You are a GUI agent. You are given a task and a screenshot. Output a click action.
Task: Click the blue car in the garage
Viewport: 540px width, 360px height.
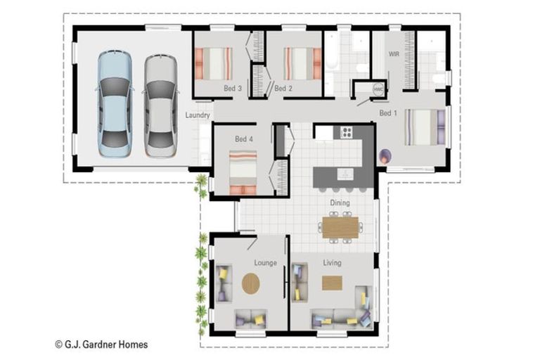point(115,104)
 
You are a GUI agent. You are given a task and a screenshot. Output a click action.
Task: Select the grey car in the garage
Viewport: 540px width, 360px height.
point(160,105)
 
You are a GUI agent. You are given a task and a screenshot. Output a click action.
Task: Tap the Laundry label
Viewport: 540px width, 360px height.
point(198,115)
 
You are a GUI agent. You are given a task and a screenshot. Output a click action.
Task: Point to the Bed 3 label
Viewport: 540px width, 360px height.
point(233,88)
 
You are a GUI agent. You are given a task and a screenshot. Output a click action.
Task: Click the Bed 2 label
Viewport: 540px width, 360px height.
point(283,88)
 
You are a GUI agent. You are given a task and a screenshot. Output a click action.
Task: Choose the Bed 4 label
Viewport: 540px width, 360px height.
point(244,139)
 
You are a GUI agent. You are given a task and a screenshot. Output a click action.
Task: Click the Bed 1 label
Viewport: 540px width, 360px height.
point(388,112)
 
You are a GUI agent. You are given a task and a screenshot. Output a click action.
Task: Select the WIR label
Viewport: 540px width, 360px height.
point(394,54)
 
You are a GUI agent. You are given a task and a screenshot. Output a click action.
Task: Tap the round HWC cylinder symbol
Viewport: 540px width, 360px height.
point(378,89)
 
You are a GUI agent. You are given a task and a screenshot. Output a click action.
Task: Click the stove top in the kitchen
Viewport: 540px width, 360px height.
point(346,131)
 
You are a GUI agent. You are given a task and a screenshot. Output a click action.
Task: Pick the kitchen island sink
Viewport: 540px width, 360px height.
point(345,174)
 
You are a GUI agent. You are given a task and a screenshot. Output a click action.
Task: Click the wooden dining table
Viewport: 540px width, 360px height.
point(340,227)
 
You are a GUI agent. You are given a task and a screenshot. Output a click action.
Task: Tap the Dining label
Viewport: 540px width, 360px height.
point(340,202)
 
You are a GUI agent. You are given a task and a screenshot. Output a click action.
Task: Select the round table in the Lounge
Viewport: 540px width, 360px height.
point(251,283)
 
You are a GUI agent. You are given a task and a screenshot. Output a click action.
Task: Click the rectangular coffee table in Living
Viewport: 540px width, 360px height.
point(332,283)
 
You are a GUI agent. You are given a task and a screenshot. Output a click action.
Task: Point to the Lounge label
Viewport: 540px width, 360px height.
point(266,263)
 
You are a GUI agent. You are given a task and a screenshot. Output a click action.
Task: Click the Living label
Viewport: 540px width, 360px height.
point(333,263)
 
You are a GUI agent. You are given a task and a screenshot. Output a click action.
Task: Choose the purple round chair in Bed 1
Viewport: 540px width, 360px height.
point(385,157)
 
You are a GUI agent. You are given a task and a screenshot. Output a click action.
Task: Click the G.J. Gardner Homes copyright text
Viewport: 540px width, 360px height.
point(101,344)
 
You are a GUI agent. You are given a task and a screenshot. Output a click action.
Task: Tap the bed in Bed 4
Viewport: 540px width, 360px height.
point(243,172)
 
